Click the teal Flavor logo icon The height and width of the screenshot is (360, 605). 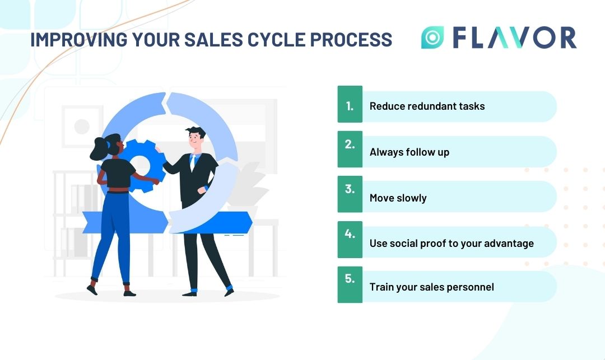pos(432,38)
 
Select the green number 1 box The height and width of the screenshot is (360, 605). pos(350,104)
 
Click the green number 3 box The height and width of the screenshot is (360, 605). pos(350,194)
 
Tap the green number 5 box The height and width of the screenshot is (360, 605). pos(350,284)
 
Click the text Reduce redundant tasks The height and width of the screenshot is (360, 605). pos(427,106)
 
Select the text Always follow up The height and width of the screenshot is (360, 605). pos(409,152)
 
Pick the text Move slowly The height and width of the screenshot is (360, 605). pos(398,198)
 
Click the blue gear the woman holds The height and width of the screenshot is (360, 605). pos(143,166)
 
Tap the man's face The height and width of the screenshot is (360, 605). pos(196,139)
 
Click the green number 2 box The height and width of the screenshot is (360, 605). pos(350,149)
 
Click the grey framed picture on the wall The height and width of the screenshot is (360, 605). pos(82,127)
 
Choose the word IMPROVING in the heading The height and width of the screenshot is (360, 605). pos(79,40)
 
